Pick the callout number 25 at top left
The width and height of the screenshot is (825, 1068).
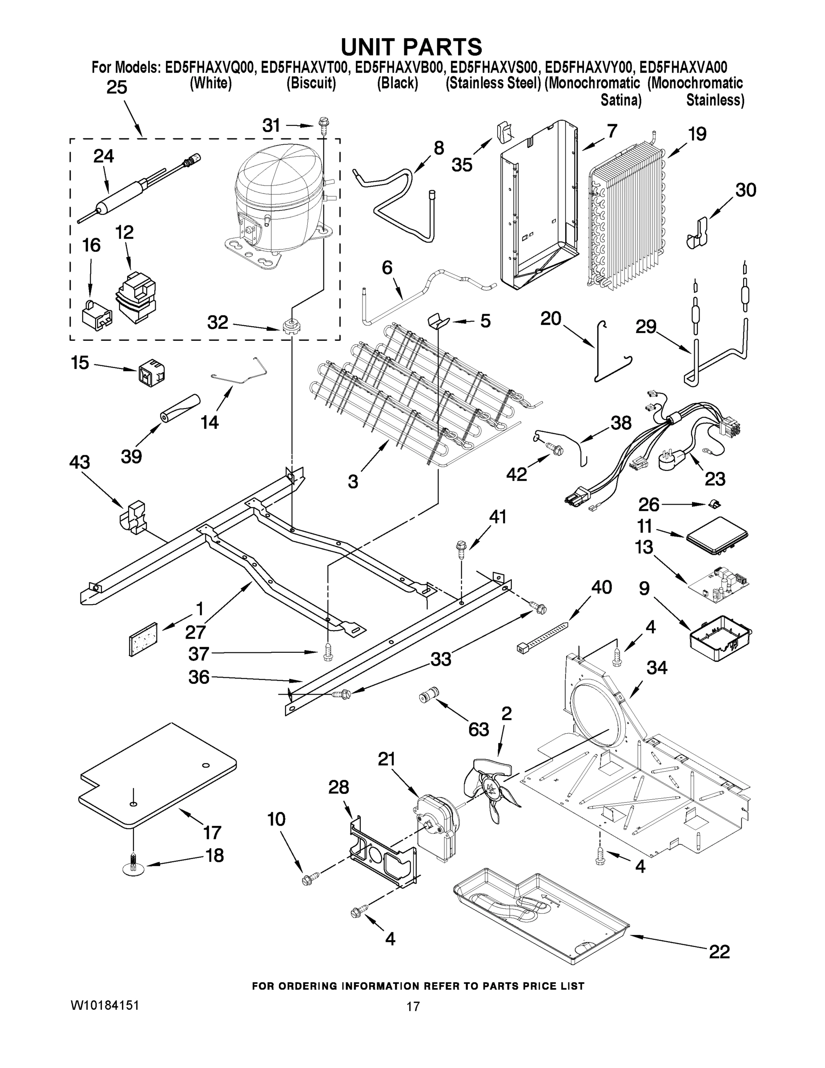point(117,88)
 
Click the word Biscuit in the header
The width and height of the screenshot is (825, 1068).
point(311,84)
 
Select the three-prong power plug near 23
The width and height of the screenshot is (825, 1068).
point(672,460)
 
